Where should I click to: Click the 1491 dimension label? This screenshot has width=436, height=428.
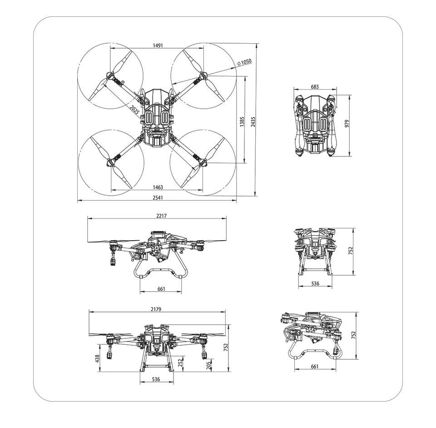pos(158,46)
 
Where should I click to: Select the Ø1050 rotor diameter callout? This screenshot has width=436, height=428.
pos(244,62)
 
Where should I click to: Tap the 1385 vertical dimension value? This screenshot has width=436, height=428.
pos(242,121)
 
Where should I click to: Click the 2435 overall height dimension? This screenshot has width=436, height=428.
pos(253,121)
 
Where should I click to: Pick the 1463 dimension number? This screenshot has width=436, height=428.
pos(158,187)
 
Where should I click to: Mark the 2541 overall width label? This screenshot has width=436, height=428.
pos(157,198)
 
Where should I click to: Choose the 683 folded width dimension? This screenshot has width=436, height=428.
pos(315,87)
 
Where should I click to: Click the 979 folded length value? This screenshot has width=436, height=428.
pos(347,124)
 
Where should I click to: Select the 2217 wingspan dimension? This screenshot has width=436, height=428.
pos(161,216)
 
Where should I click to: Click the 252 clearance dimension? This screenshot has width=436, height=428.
pos(180,363)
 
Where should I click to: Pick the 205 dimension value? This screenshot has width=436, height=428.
pos(208,365)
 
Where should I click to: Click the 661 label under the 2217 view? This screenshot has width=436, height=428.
pos(161,289)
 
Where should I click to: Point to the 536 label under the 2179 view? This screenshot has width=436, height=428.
pos(155,379)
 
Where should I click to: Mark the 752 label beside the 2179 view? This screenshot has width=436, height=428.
pos(226,347)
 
